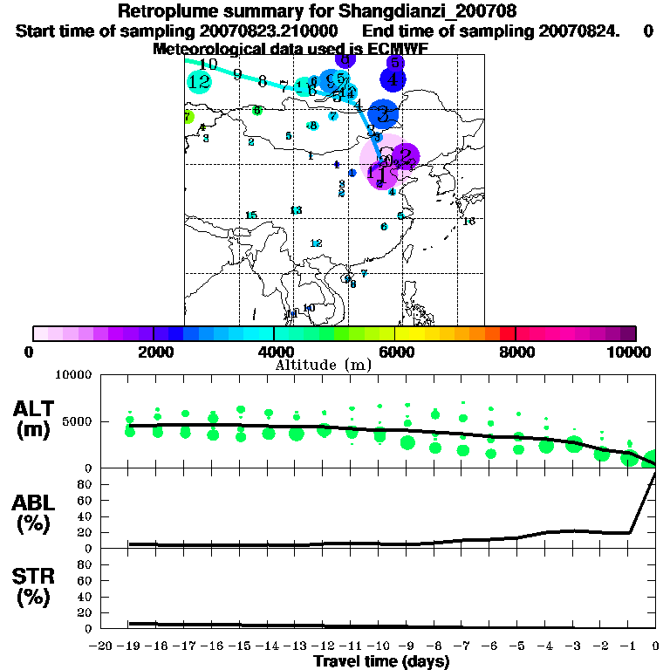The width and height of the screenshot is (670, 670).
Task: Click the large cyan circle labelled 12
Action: coord(199,82)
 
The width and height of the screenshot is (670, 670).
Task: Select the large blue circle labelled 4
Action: coord(393,79)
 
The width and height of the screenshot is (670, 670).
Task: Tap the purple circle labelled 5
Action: coord(394,63)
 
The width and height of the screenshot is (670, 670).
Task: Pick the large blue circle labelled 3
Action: coord(382,113)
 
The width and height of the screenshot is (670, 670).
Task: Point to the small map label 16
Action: coord(468,222)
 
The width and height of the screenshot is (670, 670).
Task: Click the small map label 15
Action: coord(251,215)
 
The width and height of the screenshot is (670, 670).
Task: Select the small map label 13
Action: coord(296,210)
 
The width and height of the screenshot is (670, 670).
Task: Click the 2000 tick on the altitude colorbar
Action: coord(154,333)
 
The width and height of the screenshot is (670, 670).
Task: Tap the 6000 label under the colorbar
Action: coord(395,352)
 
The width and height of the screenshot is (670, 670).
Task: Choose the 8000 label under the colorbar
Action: coord(516,352)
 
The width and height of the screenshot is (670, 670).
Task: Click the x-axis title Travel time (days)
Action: coord(381,662)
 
